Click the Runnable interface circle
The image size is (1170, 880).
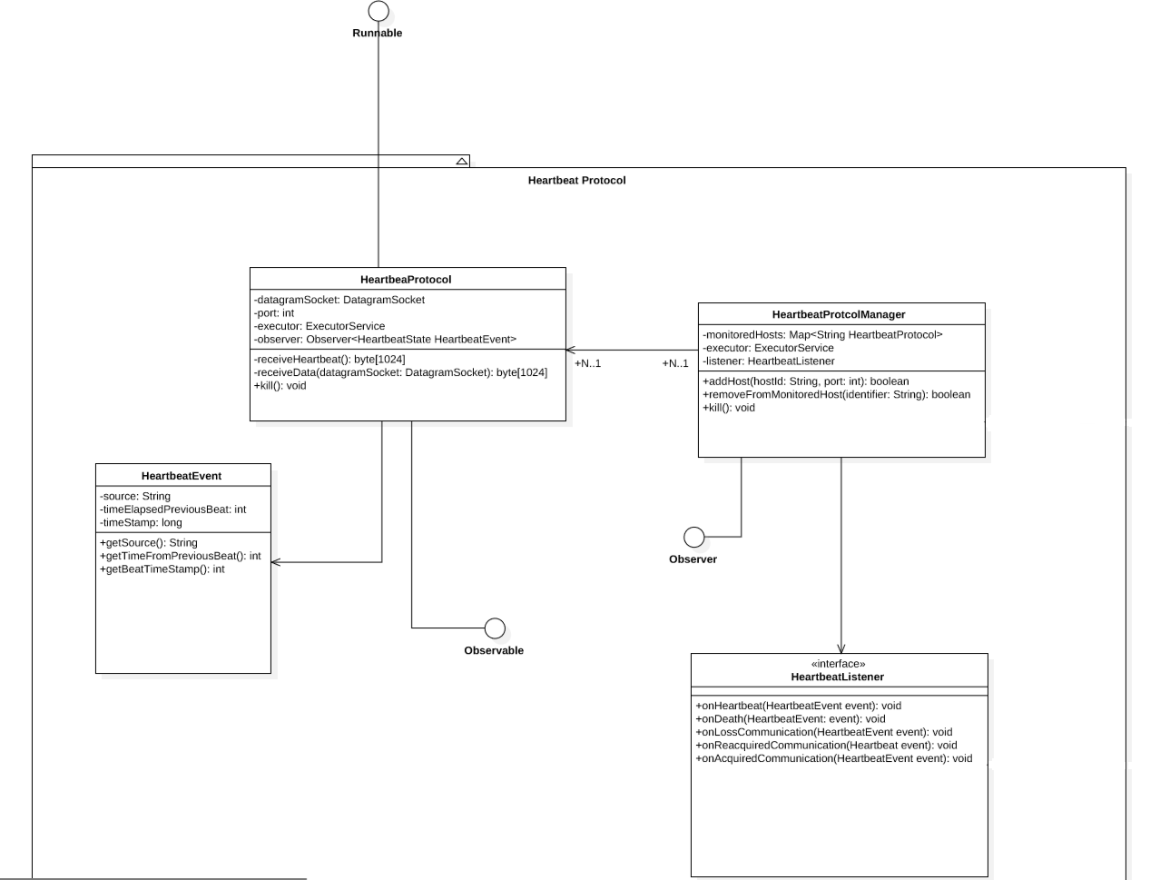(x=379, y=11)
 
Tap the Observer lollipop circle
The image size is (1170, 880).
(x=693, y=537)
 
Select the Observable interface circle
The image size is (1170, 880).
(x=495, y=628)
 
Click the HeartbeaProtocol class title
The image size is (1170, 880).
(x=406, y=280)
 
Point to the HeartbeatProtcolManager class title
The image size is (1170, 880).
(x=839, y=314)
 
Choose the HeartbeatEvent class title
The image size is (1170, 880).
(x=182, y=476)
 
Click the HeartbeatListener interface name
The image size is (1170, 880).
(x=837, y=677)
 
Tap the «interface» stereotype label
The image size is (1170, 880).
(x=838, y=664)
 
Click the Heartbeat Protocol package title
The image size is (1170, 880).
(x=576, y=181)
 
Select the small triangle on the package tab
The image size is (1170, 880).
(x=462, y=161)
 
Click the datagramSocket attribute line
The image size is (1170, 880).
(x=339, y=300)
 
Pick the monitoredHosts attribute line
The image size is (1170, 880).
(x=822, y=334)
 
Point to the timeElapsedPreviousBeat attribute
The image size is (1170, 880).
(x=173, y=509)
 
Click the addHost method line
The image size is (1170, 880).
(x=805, y=381)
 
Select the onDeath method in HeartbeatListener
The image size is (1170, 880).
(x=790, y=718)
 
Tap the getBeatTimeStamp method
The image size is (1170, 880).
(x=162, y=569)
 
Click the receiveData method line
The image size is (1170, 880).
(x=400, y=372)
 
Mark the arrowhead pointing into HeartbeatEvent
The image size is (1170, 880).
(x=275, y=562)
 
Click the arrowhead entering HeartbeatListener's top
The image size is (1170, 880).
(x=841, y=648)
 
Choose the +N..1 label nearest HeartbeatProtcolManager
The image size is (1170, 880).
(x=675, y=363)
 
